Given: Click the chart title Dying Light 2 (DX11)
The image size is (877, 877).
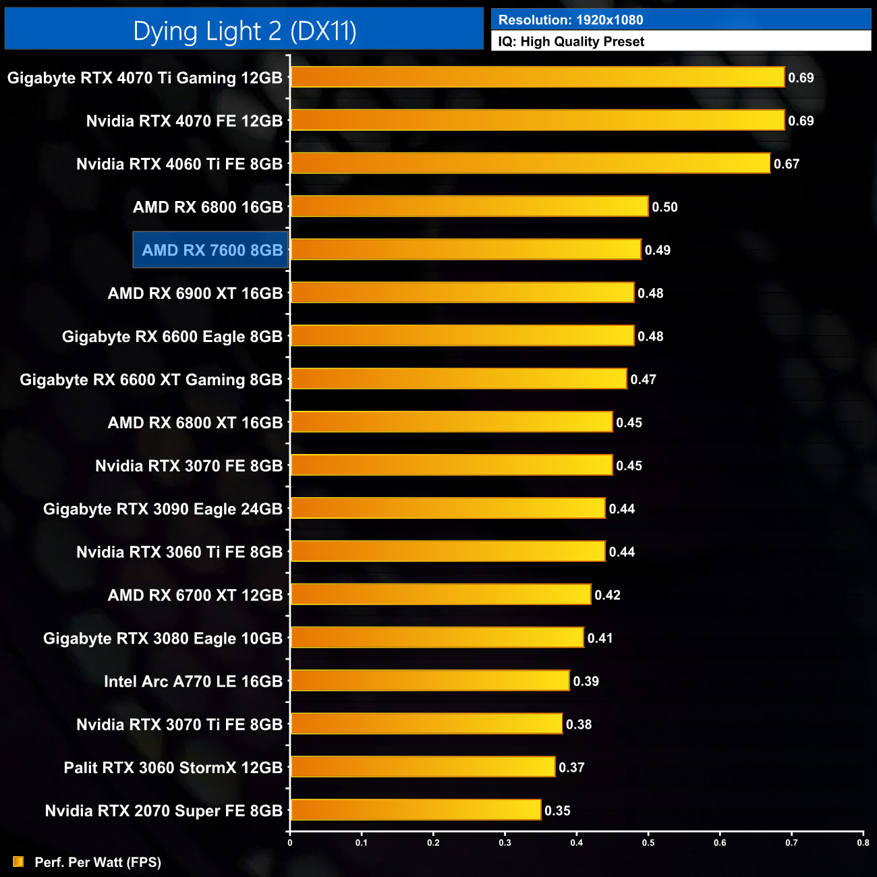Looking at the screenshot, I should point(244,31).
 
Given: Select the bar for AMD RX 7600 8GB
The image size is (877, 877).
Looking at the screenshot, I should point(465,250).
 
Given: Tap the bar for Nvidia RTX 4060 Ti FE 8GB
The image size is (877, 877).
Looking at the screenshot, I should point(530,163).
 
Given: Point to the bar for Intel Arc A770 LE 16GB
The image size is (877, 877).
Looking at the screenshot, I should point(430,681).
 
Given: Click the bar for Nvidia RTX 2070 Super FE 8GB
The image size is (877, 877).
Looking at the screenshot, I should point(416,810).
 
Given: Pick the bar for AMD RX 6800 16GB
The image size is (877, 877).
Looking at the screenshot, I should point(470,206).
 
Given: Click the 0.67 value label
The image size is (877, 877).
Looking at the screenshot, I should point(787,164).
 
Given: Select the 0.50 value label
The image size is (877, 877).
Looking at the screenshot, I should point(664,207).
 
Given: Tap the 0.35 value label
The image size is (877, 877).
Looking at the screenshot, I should point(557,811).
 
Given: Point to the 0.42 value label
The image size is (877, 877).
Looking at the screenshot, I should point(607,595).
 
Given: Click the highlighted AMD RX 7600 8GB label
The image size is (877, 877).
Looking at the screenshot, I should point(212,250).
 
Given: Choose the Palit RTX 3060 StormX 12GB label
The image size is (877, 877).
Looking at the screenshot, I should point(173,768).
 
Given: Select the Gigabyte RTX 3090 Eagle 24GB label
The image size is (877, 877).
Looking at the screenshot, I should point(163,509).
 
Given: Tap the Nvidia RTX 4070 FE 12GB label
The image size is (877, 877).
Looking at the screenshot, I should point(184,121).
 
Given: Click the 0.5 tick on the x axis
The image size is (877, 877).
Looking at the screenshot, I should point(648,843).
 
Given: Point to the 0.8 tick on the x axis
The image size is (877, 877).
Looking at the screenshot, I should point(863,843).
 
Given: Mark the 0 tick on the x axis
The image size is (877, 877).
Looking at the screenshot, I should point(290,843).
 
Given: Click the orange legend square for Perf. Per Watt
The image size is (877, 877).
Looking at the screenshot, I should point(18,861).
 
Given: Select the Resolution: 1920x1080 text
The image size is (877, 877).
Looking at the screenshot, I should point(571,20).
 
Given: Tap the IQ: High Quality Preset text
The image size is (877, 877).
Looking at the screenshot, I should point(571,42).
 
